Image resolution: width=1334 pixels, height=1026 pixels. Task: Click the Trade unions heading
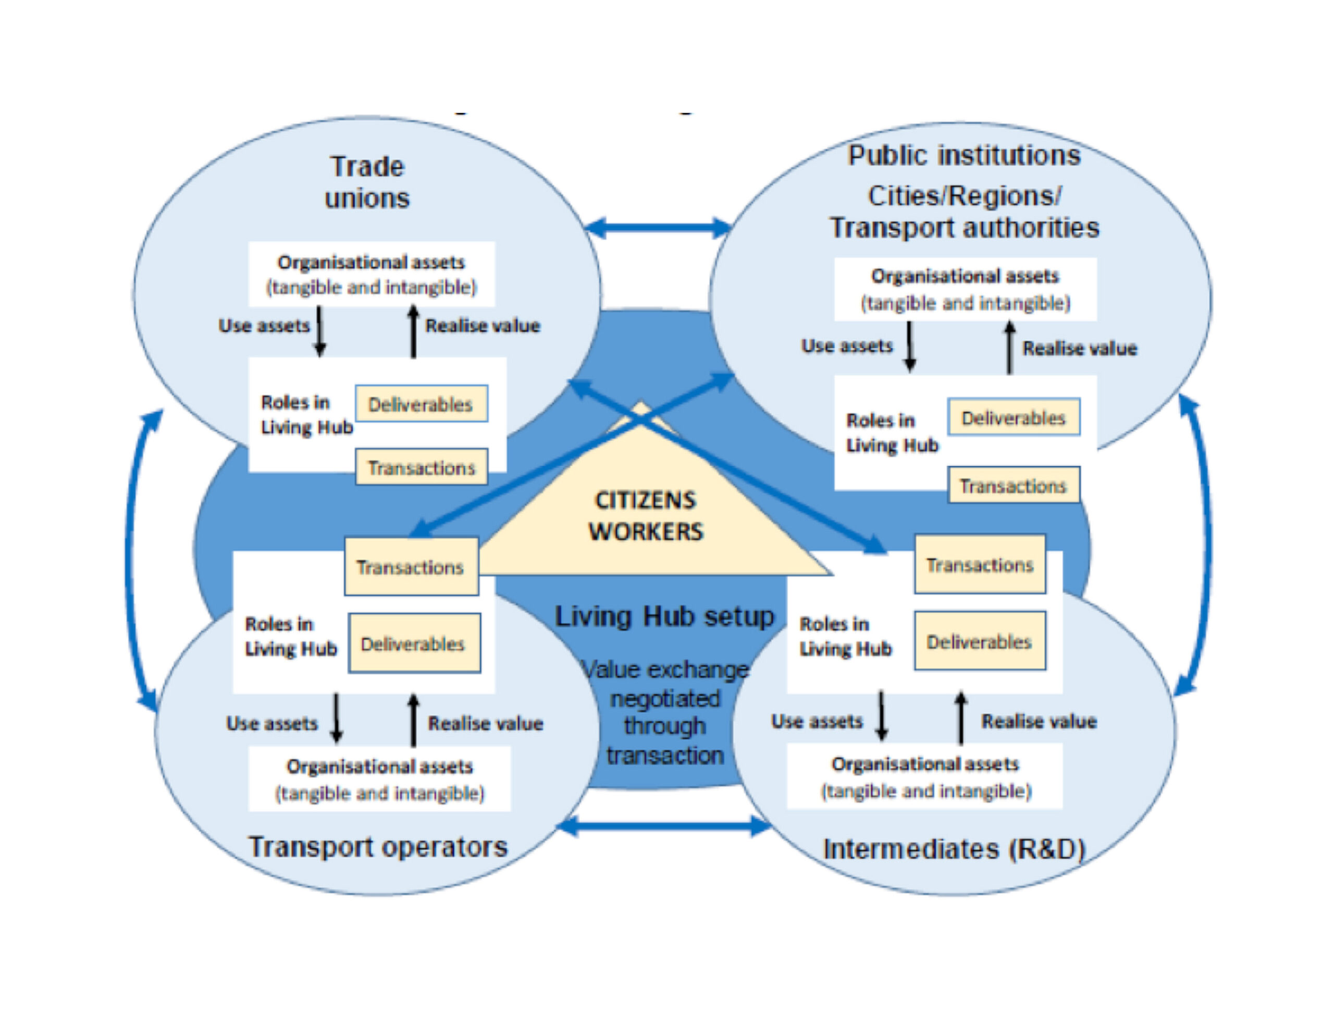(x=367, y=182)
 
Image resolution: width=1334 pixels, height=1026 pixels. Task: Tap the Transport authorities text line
(x=965, y=228)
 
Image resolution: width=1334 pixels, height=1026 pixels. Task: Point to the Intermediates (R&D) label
(x=954, y=849)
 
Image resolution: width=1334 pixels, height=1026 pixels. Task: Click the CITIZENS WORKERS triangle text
(x=646, y=516)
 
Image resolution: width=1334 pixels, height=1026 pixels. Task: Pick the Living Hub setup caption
(x=664, y=616)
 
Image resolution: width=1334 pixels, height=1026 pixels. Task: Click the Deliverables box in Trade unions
(x=422, y=404)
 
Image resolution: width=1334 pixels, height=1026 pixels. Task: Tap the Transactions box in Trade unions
(x=422, y=467)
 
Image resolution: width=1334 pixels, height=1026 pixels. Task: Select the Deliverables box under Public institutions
(x=1014, y=418)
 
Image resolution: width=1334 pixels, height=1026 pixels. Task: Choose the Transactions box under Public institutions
(x=1014, y=486)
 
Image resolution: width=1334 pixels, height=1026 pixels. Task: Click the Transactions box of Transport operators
(x=411, y=567)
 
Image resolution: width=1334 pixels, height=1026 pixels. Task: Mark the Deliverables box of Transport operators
(x=414, y=644)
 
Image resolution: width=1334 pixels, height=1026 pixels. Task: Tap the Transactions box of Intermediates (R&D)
(x=980, y=565)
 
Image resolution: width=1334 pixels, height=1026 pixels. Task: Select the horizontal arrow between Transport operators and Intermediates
(x=664, y=827)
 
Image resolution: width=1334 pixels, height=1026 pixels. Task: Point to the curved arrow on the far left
(x=129, y=559)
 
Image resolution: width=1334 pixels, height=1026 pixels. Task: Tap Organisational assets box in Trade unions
(x=372, y=274)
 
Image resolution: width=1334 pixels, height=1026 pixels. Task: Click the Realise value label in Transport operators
(x=486, y=724)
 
